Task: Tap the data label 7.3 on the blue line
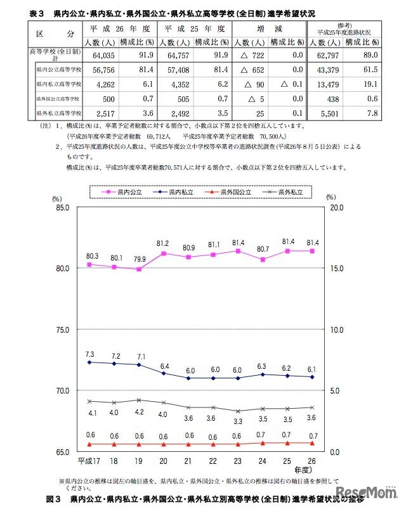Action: tap(89, 354)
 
